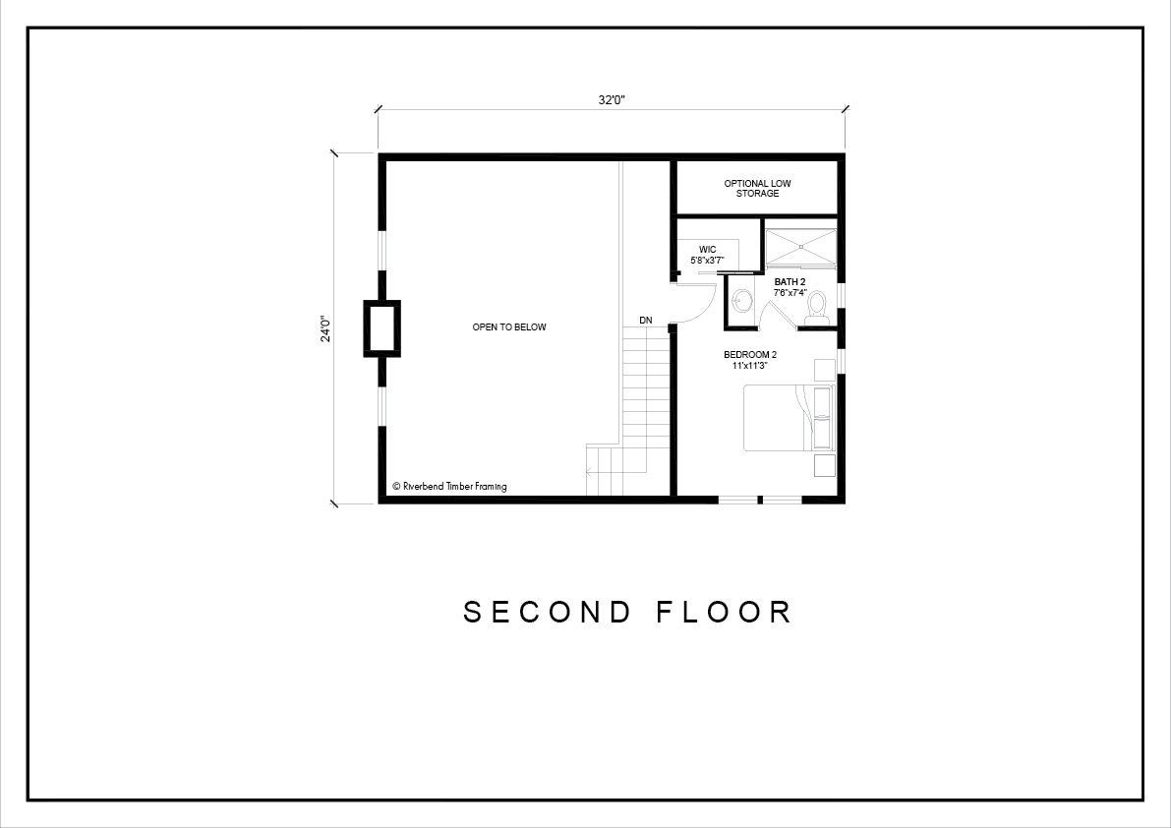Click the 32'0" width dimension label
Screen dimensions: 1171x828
[x=611, y=100]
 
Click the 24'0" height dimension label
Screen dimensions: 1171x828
[x=325, y=327]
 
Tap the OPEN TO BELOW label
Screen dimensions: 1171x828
[x=509, y=327]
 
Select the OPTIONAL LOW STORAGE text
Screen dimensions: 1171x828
[x=757, y=188]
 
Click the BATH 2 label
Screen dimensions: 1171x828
[x=790, y=281]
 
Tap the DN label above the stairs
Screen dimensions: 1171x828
[x=646, y=321]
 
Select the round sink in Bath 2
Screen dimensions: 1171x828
[x=743, y=301]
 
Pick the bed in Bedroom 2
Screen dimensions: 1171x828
[x=788, y=417]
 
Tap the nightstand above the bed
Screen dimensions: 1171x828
[x=824, y=371]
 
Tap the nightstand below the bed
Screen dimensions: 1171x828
[x=824, y=464]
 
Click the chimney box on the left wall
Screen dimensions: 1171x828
[x=381, y=328]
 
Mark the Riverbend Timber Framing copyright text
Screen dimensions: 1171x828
[x=449, y=486]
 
